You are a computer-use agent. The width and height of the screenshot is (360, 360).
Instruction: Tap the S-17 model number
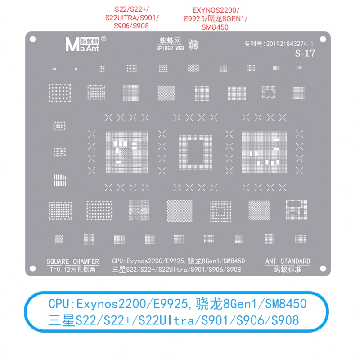pos(305,54)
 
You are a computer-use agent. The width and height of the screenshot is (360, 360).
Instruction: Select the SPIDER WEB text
pos(170,48)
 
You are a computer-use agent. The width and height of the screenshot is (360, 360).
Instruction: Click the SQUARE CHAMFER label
pos(72,261)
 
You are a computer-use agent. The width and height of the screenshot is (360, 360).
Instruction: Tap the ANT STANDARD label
pos(288,261)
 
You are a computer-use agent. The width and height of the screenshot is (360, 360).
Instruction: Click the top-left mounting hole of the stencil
pos(33,39)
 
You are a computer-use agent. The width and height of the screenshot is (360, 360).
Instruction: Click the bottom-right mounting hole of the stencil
pos(328,268)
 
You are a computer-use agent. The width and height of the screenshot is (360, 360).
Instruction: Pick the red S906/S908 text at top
pos(131,26)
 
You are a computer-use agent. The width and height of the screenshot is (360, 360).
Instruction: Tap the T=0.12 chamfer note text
pos(72,270)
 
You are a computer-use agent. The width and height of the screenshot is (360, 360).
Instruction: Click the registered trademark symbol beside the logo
pos(104,39)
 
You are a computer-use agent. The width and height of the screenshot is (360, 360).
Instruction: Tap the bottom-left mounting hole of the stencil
pos(33,268)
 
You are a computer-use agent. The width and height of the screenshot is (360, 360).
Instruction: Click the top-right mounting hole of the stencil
pos(328,39)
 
